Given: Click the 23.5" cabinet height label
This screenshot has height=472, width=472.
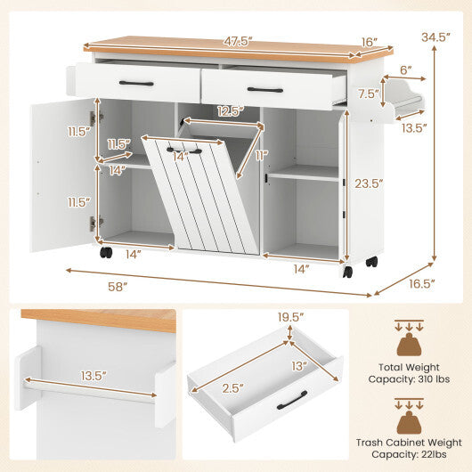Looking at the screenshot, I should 368,184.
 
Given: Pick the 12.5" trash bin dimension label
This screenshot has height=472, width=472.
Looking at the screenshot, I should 227,111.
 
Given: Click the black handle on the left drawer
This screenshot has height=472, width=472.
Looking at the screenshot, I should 136,84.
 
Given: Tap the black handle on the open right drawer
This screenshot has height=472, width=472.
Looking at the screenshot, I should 264,89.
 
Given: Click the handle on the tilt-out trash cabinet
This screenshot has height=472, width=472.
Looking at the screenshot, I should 184,151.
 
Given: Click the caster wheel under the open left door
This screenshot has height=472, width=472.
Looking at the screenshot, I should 106,252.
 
